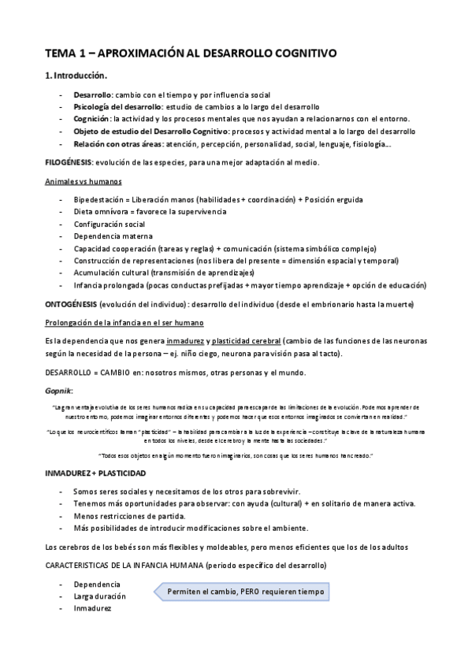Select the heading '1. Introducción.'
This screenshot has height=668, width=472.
click(x=76, y=76)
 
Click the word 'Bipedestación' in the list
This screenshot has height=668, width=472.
click(x=98, y=199)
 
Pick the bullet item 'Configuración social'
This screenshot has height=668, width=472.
click(x=109, y=225)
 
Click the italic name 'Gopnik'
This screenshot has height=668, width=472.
click(x=60, y=391)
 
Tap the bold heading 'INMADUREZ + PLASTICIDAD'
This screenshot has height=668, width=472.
click(x=95, y=473)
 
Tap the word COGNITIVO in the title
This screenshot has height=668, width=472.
click(x=303, y=54)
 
